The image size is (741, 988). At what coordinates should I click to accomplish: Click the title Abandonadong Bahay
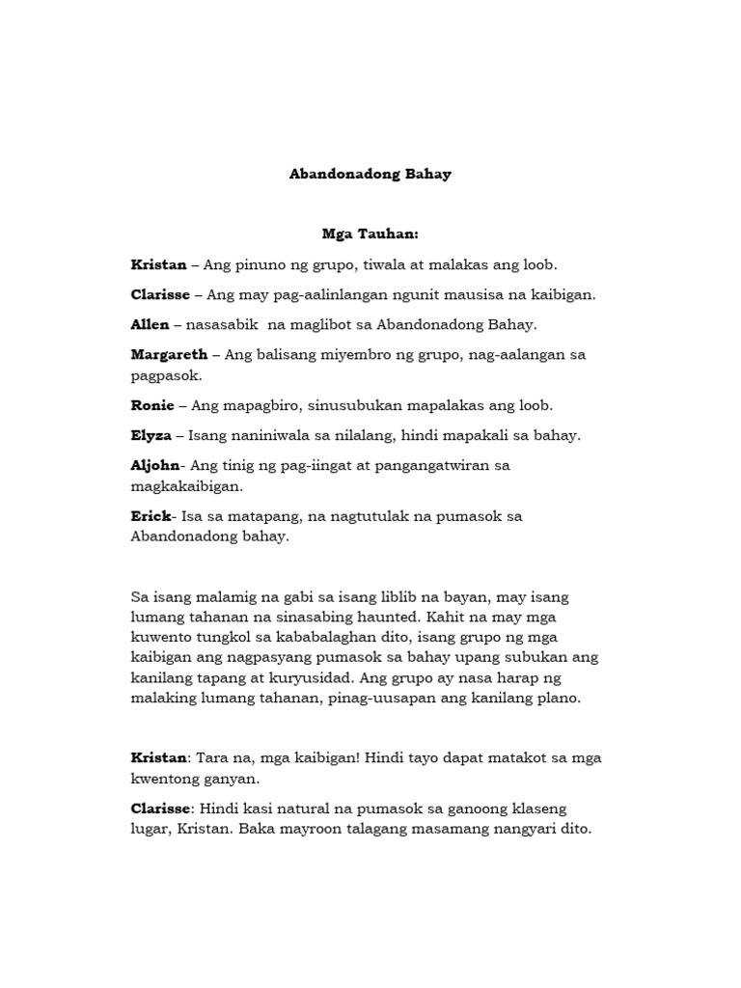click(370, 176)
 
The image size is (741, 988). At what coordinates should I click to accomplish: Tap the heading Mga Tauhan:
click(370, 233)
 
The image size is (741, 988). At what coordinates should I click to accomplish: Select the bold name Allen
click(150, 324)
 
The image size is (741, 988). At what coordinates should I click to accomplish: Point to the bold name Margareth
click(169, 354)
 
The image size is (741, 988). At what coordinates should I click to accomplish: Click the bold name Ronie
click(151, 405)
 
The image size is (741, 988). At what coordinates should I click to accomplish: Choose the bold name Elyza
click(152, 435)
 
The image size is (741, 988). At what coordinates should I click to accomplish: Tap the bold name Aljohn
click(155, 465)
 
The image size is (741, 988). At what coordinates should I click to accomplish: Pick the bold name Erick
click(150, 516)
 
